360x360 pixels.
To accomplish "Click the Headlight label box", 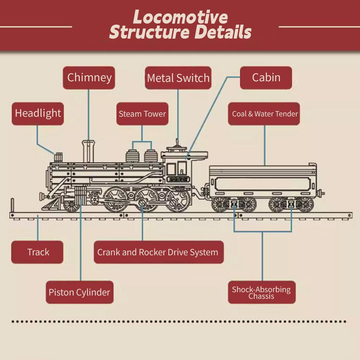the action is click(x=38, y=114).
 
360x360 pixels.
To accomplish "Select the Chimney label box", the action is click(x=89, y=78).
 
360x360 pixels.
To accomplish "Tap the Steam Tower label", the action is click(x=142, y=114).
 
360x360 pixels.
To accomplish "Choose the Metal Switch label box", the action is click(x=178, y=78).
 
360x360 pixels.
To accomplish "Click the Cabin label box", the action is click(x=266, y=78).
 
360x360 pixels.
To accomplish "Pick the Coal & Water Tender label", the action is click(x=264, y=114).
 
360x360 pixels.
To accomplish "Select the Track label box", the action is click(x=37, y=252).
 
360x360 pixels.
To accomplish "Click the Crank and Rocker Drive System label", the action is click(x=159, y=252).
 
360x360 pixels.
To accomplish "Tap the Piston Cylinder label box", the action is click(x=80, y=292).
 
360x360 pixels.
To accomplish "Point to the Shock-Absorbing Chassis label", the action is click(x=262, y=292).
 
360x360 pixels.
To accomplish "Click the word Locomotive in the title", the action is click(x=180, y=17).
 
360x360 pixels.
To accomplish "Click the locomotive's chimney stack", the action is click(x=88, y=152).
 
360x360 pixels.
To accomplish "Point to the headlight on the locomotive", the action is click(x=58, y=157).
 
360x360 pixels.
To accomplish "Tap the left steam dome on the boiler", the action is click(x=133, y=156).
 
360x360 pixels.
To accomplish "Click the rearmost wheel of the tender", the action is click(x=304, y=204).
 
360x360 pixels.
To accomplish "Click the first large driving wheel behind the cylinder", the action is click(x=115, y=199).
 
